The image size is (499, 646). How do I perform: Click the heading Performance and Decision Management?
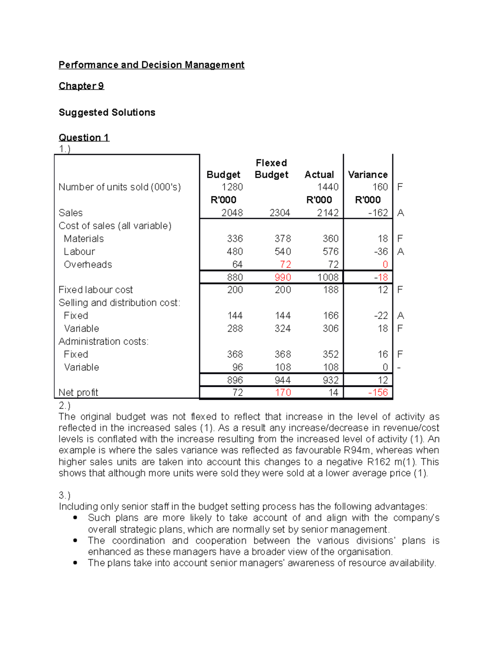tap(151, 65)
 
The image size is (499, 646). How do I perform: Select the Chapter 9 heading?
tap(81, 86)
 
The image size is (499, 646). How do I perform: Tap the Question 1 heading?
tap(84, 138)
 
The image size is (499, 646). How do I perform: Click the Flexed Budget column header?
tap(271, 169)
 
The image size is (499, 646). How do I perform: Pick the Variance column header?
tap(368, 175)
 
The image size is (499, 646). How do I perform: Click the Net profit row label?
tap(78, 393)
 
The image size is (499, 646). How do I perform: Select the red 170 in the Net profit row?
tap(283, 393)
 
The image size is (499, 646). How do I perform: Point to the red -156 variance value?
tap(378, 393)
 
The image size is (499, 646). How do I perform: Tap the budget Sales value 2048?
tap(232, 213)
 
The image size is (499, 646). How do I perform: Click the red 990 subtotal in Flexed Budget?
tap(283, 277)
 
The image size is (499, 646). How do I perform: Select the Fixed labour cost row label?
tap(96, 290)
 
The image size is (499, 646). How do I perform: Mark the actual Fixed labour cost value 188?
tap(331, 290)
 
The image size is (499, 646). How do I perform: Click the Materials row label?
tap(84, 239)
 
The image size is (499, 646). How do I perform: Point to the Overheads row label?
tap(88, 265)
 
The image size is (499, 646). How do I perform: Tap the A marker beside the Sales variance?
tap(400, 213)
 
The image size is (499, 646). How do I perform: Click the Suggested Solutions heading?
tap(107, 113)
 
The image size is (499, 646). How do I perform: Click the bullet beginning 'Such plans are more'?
tap(263, 523)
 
